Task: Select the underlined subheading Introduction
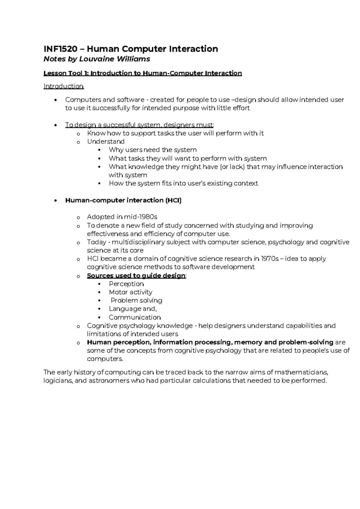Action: tap(63, 86)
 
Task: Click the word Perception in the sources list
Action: tap(126, 284)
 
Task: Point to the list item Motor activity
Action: tap(130, 292)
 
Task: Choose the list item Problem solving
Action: tap(136, 300)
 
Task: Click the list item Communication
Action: tap(135, 318)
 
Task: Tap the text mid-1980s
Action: tap(143, 217)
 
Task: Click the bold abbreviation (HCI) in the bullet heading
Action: tap(173, 200)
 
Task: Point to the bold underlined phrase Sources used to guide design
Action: tap(136, 276)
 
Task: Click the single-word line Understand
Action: tap(106, 142)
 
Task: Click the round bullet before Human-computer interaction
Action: tap(55, 201)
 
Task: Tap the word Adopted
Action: tap(100, 217)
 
